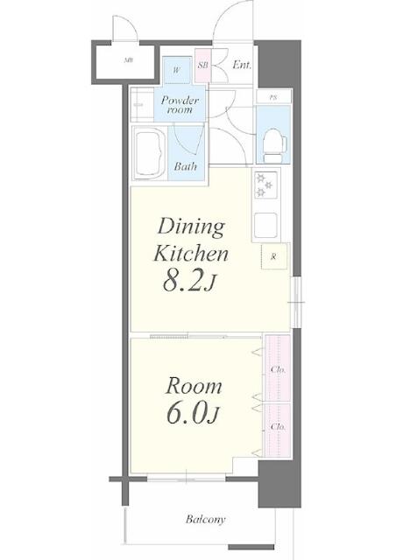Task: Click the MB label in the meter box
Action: point(129,60)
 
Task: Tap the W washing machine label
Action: point(176,70)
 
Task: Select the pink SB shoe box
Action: point(203,66)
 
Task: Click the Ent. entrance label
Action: point(242,65)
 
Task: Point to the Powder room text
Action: point(180,105)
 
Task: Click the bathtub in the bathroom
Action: point(150,154)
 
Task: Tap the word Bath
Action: point(186,166)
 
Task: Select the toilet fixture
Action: point(274,147)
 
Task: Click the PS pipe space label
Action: point(273,97)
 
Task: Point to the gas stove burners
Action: point(265,185)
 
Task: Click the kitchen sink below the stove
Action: point(265,226)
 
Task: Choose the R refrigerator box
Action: point(274,256)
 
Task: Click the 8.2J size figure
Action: point(189,280)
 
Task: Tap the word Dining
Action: point(191,227)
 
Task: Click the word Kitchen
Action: point(191,253)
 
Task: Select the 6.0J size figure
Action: point(193,412)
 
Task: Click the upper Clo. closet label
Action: point(278,369)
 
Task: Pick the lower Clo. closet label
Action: point(278,426)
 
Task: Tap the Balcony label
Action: point(206,519)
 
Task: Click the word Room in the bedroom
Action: point(194,387)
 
